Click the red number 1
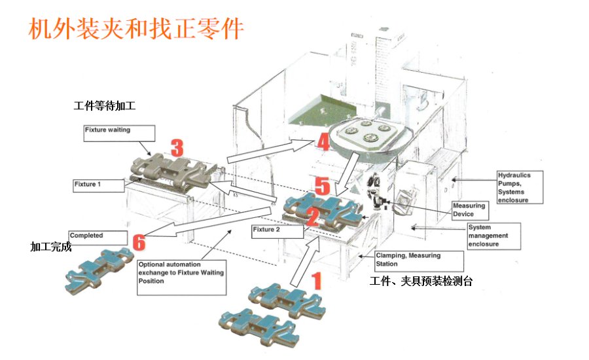[316, 281]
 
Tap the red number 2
[313, 215]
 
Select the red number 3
[177, 147]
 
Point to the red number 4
[323, 141]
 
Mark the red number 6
[139, 242]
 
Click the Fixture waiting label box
[119, 133]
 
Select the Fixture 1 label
[98, 185]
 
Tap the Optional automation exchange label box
[181, 273]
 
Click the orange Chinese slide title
[136, 29]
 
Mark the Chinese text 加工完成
[50, 247]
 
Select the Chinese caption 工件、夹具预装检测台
[421, 281]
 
